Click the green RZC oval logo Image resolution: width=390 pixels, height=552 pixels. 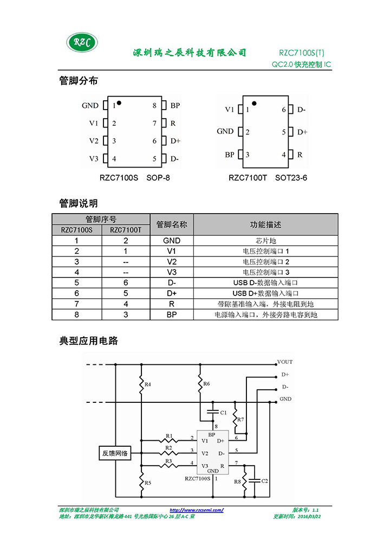coord(82,42)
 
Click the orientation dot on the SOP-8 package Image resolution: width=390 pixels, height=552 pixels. coord(119,103)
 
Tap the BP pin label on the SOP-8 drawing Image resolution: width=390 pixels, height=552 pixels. coord(175,105)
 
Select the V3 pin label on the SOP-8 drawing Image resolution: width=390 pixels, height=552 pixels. coord(94,159)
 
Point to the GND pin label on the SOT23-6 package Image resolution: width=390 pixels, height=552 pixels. coord(225,131)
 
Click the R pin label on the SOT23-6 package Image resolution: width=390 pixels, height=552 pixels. coord(300,155)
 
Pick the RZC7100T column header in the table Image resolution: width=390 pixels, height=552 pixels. coord(126,230)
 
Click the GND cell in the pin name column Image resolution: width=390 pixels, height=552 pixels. coord(172,240)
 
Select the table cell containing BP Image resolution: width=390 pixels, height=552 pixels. coord(172,314)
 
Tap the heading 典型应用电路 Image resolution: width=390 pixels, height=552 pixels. coord(89,341)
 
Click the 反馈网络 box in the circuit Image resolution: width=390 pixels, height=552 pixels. coord(115,453)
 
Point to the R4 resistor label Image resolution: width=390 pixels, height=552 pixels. coord(148,384)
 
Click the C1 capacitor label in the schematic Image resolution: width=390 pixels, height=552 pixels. coord(223,413)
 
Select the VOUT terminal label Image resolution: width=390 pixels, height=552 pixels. coord(285,362)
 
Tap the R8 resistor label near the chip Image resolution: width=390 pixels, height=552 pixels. coord(237,482)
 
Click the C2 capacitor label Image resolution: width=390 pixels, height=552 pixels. coord(264,481)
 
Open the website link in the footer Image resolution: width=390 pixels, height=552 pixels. coord(196,510)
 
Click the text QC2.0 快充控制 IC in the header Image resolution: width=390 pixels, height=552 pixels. coord(301,65)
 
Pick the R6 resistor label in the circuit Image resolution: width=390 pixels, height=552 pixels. coord(206,384)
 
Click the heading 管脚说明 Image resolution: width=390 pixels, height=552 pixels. coord(79,203)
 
